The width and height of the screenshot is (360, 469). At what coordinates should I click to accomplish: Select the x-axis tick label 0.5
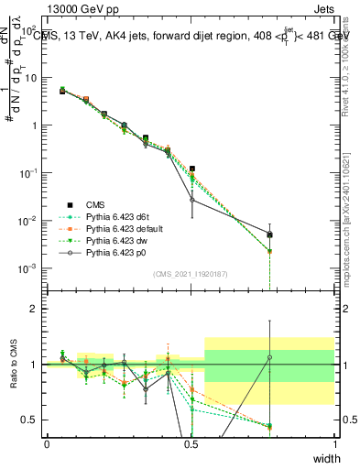click(x=191, y=443)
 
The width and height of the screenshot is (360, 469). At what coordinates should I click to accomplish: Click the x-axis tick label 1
click(x=334, y=443)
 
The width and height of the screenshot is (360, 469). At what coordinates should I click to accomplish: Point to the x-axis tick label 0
click(x=47, y=443)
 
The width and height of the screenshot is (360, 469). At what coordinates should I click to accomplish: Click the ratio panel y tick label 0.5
click(x=31, y=420)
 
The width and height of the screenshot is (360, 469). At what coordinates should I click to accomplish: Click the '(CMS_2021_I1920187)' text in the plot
click(x=190, y=274)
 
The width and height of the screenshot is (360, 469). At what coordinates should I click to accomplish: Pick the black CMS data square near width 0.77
click(x=269, y=234)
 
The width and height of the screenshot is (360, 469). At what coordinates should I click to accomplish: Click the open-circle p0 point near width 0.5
click(x=192, y=200)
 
